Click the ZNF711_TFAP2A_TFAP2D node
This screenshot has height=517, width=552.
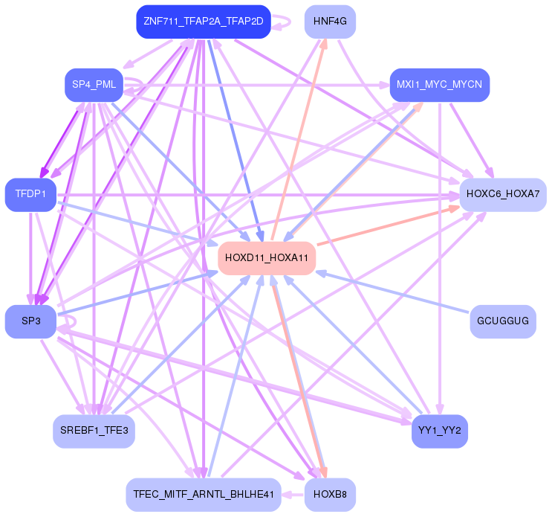(203, 22)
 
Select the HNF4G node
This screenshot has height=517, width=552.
(331, 22)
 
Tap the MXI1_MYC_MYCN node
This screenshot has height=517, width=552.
(439, 85)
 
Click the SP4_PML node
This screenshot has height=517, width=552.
(94, 85)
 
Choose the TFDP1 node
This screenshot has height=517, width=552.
(30, 194)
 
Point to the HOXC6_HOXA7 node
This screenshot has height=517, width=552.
(503, 194)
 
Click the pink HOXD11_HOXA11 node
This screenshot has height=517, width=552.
(267, 258)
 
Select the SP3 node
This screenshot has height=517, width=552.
(30, 321)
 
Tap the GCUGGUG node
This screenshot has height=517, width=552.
(503, 321)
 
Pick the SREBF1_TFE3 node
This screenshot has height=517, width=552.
(94, 431)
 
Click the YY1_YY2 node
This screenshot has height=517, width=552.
(439, 431)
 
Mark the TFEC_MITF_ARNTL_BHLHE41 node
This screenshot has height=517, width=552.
(204, 494)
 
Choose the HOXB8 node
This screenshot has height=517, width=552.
(331, 494)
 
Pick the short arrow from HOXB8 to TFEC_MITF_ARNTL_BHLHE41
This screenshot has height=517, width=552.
(293, 494)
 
